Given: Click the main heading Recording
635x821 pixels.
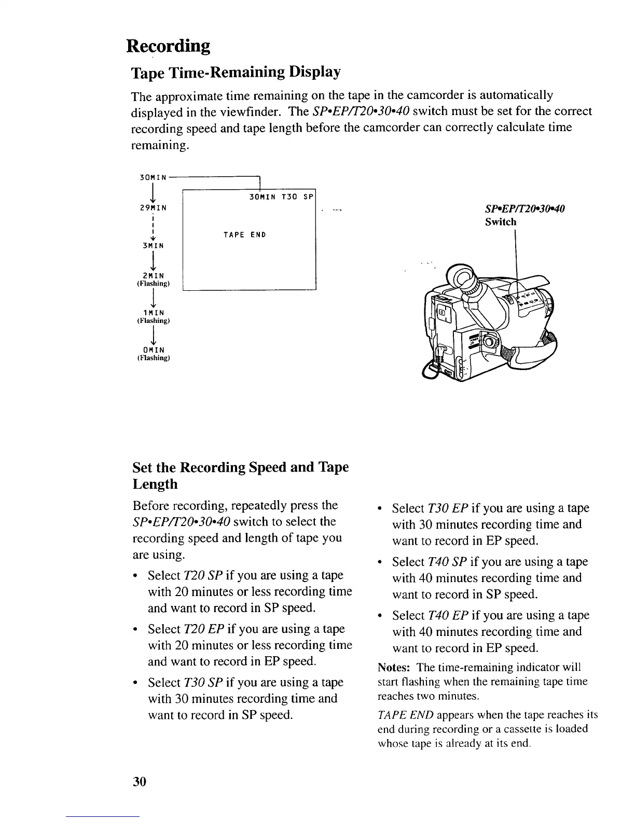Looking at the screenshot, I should click(x=169, y=47).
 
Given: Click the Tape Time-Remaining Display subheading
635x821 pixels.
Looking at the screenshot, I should click(x=236, y=72).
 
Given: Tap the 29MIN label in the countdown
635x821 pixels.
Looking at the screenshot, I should click(x=153, y=208).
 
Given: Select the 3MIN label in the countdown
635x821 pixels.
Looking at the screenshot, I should click(x=153, y=245).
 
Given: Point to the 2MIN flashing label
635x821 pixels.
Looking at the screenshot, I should click(x=153, y=276).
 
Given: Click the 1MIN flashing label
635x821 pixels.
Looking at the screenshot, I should click(x=153, y=313).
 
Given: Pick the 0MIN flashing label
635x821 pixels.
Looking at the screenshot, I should click(x=153, y=350).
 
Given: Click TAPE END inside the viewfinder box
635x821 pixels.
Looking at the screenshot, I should click(x=244, y=235).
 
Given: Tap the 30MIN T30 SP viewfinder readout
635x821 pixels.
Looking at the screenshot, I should click(x=280, y=197).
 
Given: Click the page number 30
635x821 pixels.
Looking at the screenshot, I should click(x=140, y=781).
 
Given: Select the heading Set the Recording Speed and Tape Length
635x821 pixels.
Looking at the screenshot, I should click(x=241, y=475).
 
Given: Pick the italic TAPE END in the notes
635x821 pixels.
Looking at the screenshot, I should click(x=405, y=715).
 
